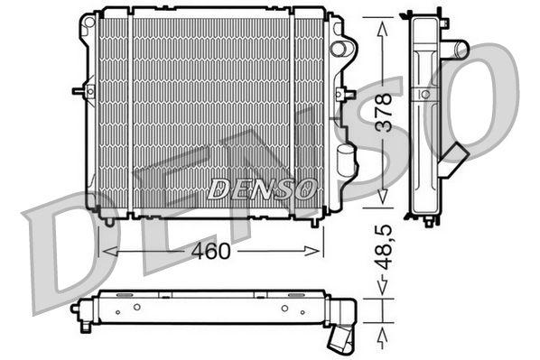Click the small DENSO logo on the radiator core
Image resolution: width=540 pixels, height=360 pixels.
262,189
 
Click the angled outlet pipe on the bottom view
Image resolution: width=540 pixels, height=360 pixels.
342,339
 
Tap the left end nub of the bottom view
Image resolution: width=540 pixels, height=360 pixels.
75,308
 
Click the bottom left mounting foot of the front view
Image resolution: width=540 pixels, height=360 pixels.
108,218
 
